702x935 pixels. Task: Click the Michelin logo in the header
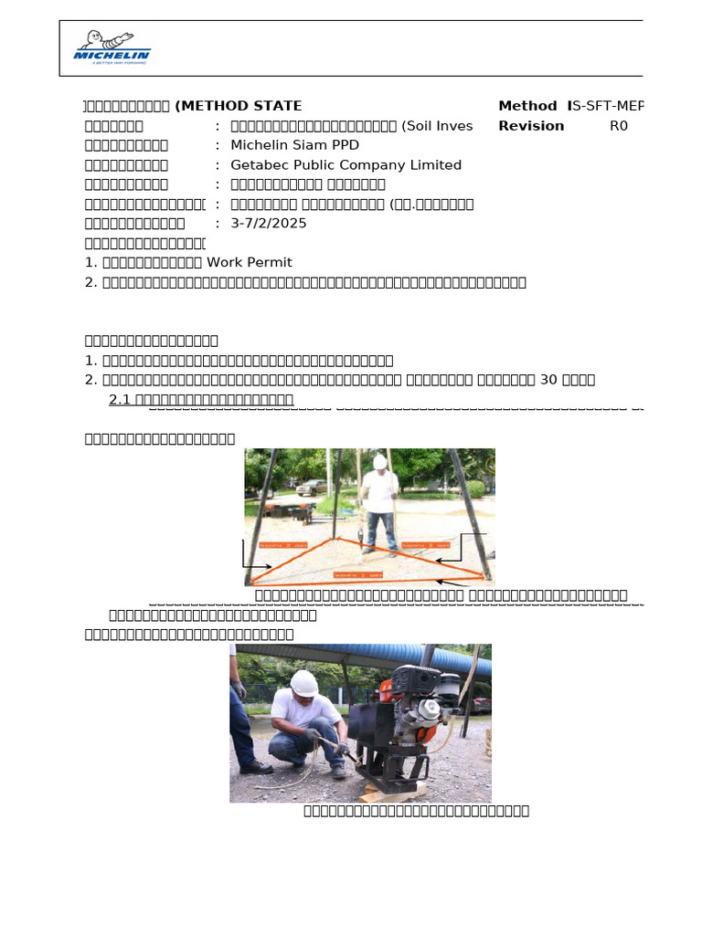[112, 47]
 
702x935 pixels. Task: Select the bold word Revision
[531, 126]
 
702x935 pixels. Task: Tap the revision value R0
[619, 126]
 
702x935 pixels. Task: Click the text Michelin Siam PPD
[294, 146]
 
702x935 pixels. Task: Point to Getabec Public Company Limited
[346, 165]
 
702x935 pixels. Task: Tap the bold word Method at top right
[527, 107]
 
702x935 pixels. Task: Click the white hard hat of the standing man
[379, 461]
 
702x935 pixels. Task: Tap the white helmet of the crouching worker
[303, 682]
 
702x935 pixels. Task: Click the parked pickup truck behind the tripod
[311, 487]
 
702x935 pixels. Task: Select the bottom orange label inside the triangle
[357, 575]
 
